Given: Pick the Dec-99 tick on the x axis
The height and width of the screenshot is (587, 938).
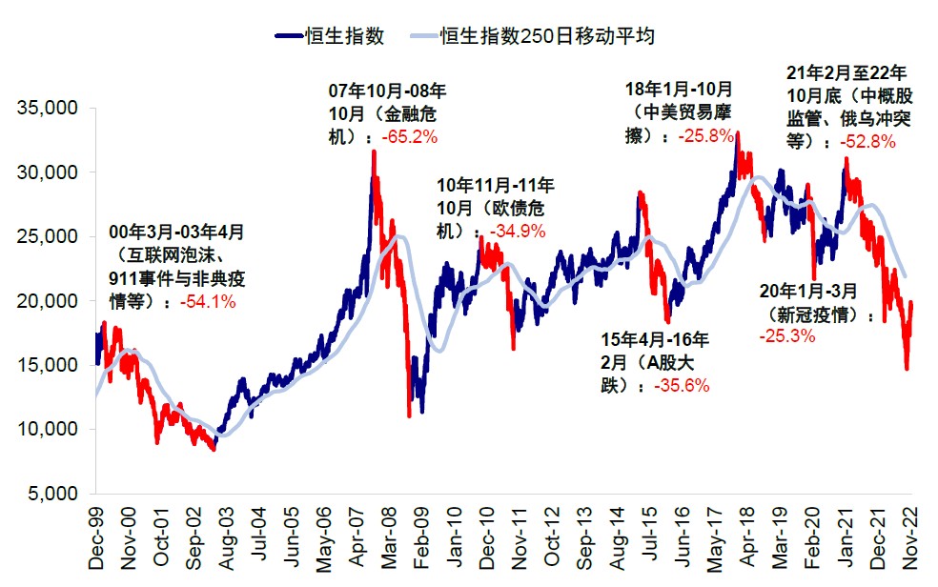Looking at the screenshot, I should [96, 537].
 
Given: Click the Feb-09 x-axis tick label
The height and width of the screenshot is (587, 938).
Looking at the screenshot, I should [417, 537].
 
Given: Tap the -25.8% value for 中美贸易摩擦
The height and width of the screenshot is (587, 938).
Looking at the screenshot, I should [706, 136].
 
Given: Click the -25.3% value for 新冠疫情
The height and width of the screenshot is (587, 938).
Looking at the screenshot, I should [785, 335].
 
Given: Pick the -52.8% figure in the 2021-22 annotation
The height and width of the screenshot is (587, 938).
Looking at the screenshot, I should [868, 142].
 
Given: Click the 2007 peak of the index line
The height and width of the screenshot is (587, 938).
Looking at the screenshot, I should [373, 152].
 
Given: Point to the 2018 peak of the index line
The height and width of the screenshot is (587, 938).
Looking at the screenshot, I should [737, 133].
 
